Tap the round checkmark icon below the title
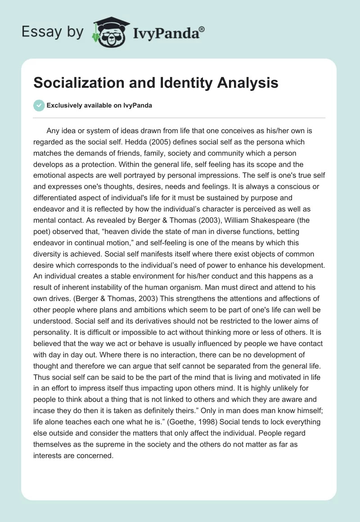[39, 105]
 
